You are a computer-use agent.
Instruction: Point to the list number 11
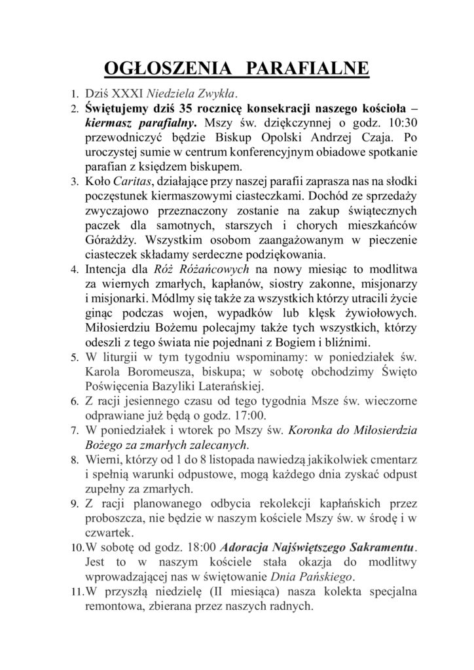pos(76,591)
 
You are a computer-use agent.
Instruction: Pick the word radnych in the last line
pos(295,605)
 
